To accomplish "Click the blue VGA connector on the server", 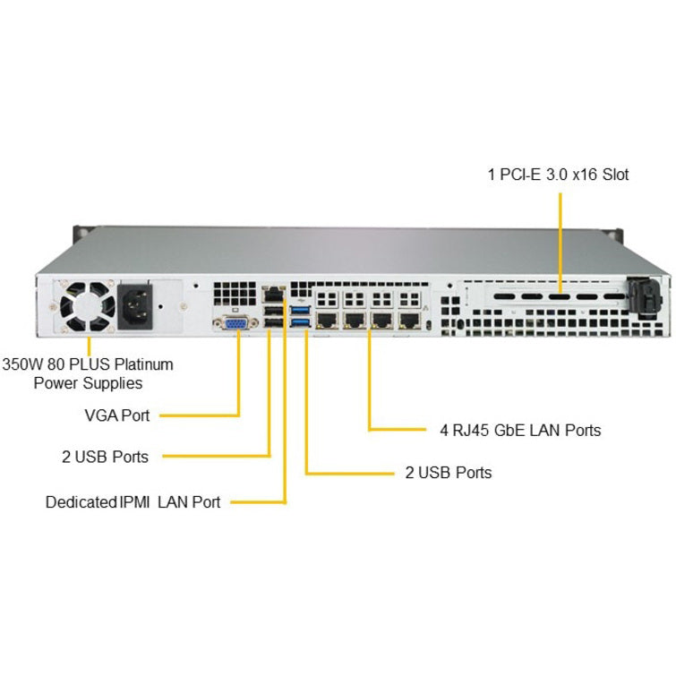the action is click(235, 323).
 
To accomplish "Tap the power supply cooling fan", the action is click(88, 306).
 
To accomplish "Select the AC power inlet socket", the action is click(135, 306).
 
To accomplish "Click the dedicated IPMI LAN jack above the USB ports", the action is click(273, 295).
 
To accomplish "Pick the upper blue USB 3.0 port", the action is click(301, 310).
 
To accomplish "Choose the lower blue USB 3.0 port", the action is click(301, 322).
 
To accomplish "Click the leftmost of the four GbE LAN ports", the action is click(327, 320).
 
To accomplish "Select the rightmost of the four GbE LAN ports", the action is click(409, 320).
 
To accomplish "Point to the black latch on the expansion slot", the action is click(644, 297).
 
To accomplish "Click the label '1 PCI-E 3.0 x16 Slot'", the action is click(558, 175).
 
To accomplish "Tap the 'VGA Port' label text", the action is click(117, 415).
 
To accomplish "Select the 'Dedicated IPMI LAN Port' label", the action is click(133, 502).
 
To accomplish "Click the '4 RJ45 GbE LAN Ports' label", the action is click(520, 431).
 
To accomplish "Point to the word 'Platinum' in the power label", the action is click(144, 364).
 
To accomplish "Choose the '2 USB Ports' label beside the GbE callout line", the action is click(449, 473).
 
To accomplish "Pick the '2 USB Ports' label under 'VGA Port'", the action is click(105, 457).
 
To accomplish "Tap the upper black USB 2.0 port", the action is click(273, 311).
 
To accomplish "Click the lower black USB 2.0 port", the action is click(273, 323).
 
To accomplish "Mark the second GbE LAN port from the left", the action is click(355, 320).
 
